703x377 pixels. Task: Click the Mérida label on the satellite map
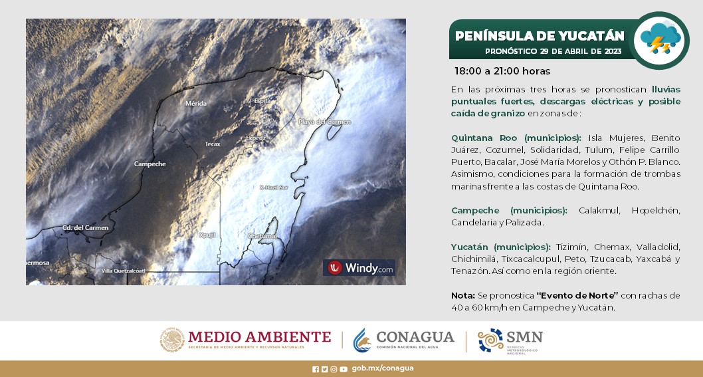coord(196,103)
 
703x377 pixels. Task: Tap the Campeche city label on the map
coord(150,164)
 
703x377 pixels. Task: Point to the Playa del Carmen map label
coord(324,122)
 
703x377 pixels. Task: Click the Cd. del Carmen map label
coord(85,227)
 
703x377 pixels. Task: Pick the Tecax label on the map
coord(213,144)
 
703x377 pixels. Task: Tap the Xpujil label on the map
coord(208,235)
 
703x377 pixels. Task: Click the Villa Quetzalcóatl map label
coord(123,271)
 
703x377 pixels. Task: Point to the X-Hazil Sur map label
coord(273,188)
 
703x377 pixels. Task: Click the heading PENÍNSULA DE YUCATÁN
coord(540,36)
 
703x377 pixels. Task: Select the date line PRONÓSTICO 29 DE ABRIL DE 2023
coord(552,51)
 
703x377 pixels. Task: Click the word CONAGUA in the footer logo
coord(415,336)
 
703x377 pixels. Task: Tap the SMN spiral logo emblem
coord(490,340)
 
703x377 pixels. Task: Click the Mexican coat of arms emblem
coord(171,340)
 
